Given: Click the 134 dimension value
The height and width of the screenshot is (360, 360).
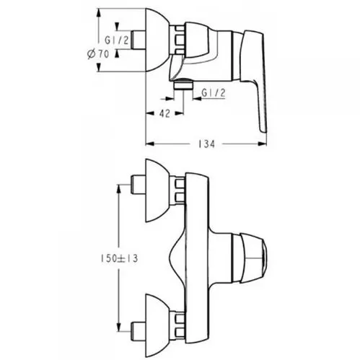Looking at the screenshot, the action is (x=206, y=144).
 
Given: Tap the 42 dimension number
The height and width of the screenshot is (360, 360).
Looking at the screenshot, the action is (x=164, y=113).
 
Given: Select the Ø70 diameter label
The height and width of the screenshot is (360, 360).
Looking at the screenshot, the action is (x=98, y=53).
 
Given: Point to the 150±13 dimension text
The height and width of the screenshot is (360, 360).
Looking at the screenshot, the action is (x=119, y=258).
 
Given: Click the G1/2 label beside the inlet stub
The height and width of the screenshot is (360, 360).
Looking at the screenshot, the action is (x=117, y=40).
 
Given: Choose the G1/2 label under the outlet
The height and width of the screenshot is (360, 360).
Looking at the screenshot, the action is (x=214, y=92).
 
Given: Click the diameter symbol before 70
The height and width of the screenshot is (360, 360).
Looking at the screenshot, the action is (x=91, y=53).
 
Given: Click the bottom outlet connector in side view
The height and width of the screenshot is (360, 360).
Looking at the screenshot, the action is (x=183, y=84).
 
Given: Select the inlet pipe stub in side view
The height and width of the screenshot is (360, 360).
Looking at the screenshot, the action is (x=138, y=40).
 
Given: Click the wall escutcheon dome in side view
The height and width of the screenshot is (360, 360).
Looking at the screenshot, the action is (x=157, y=40).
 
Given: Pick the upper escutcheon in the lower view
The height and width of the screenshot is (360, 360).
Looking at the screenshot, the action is (x=157, y=190).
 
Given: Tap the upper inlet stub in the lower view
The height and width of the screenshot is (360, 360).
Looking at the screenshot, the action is (x=138, y=185).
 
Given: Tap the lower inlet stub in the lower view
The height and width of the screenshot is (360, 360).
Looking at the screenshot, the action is (x=138, y=332).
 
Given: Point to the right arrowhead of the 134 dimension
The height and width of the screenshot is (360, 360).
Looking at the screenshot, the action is (x=262, y=144).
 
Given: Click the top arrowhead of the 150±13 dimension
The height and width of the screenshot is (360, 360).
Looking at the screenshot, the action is (x=118, y=189).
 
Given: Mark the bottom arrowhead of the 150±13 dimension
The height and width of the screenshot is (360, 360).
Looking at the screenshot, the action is (x=118, y=328).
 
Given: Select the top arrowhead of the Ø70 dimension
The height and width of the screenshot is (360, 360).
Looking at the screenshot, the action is (x=98, y=13).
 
